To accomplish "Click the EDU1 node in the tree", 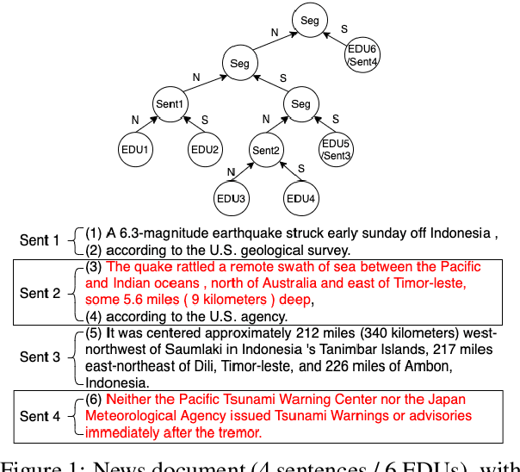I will tap(134, 149).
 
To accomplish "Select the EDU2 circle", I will tap(205, 149).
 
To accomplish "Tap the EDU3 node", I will tap(231, 199).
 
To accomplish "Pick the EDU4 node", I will tap(300, 199).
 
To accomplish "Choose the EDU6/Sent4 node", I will tap(362, 54).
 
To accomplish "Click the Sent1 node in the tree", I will tap(169, 104).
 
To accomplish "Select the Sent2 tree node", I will tap(266, 152).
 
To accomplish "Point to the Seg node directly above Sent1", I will tap(239, 62).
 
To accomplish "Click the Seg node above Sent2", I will tap(300, 104).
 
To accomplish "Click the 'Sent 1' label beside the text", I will tap(40, 240).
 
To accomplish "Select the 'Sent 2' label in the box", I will tap(40, 293).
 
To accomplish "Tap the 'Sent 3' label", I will tap(40, 357).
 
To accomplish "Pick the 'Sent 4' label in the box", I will tap(40, 416).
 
